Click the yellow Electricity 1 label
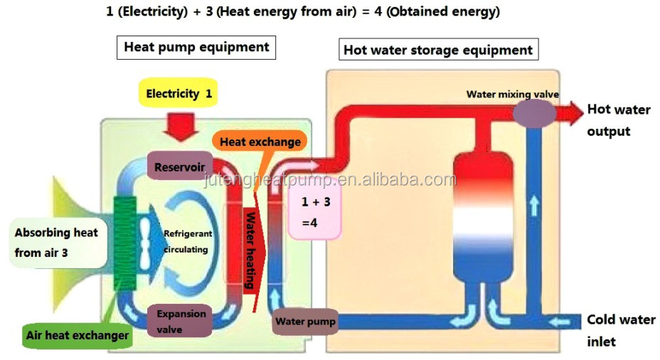coord(178,92)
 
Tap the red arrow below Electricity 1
coord(181,127)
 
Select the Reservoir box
coord(180,166)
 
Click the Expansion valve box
coord(179,321)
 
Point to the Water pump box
coord(305,322)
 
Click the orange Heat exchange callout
coord(260,142)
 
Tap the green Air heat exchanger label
coord(77,336)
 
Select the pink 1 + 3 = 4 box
coord(315,212)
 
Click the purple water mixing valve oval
coord(534,113)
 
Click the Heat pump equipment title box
coord(196,47)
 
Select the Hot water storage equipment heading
coord(438,50)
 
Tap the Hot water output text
coord(618,120)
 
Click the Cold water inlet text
coord(621,330)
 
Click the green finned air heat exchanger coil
coord(125,243)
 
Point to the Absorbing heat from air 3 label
coord(57,243)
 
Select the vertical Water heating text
coord(251,250)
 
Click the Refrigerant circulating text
coord(187,241)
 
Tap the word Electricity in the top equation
coord(153,11)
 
